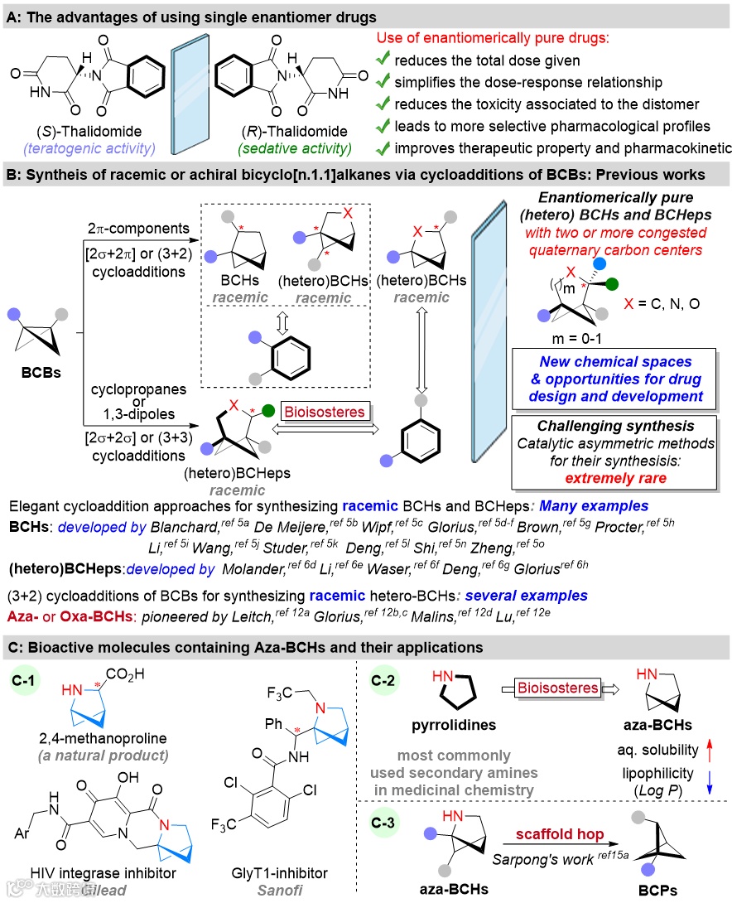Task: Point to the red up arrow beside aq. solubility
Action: [x=709, y=750]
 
